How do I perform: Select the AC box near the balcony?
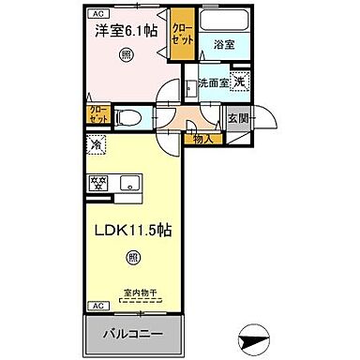pos(97,307)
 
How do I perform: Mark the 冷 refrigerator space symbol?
pos(97,145)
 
